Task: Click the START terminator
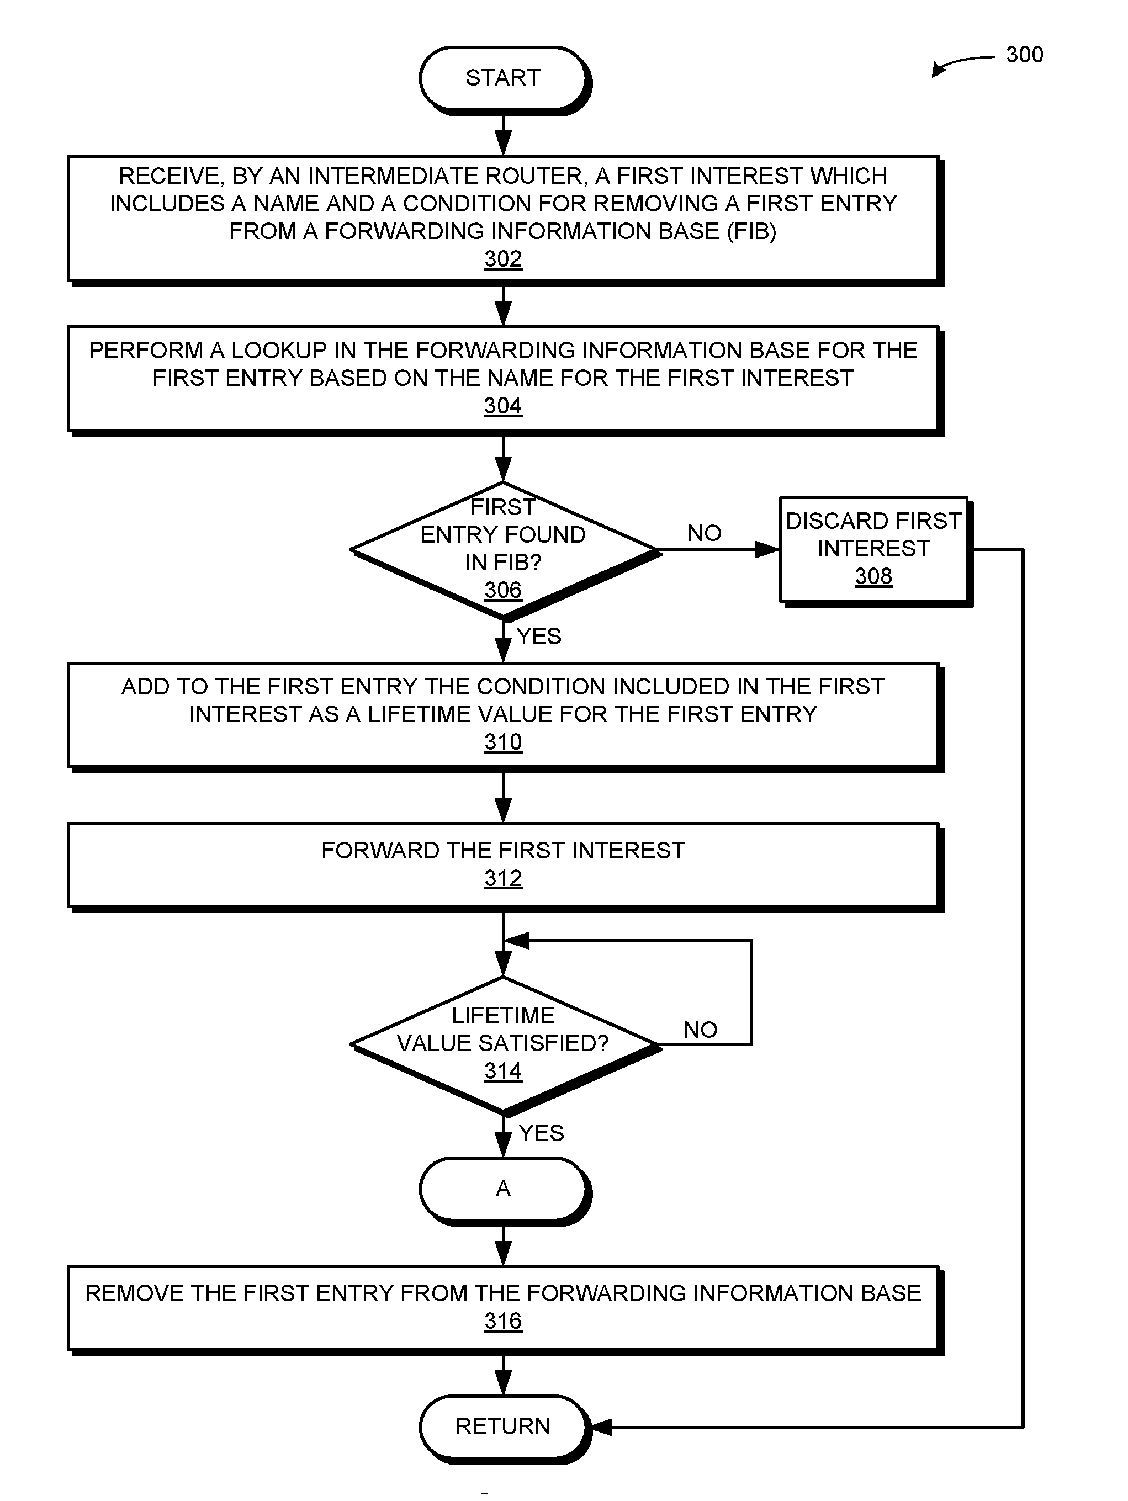[503, 78]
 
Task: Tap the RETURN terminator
[503, 1426]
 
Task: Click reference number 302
[503, 259]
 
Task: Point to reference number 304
[503, 406]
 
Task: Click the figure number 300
[1024, 54]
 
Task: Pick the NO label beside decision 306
[704, 533]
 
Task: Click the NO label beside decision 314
[701, 1030]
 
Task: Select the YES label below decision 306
[539, 636]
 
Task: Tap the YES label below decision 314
[541, 1133]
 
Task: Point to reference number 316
[503, 1320]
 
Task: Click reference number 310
[503, 742]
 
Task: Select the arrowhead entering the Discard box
[767, 550]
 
